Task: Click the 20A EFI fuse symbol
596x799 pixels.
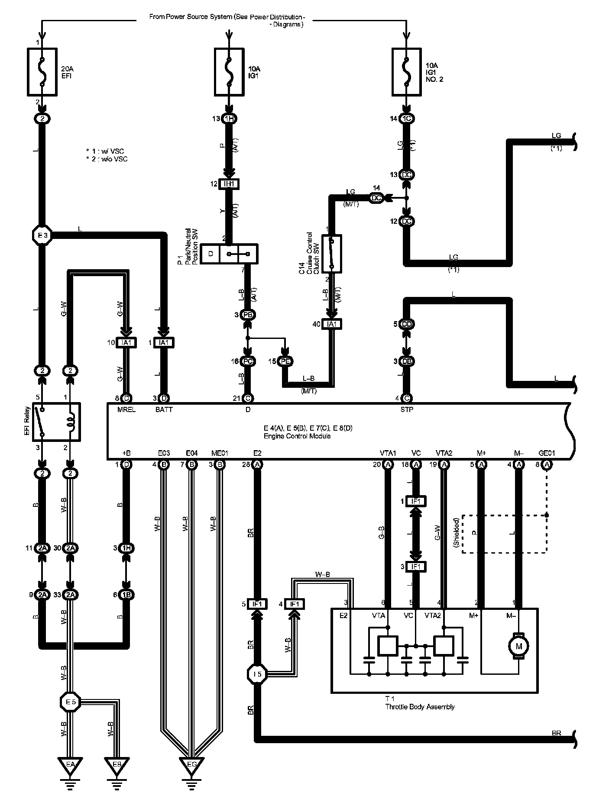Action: [42, 71]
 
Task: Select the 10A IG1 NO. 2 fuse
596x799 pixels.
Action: [406, 71]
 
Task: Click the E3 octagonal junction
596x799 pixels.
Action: [42, 235]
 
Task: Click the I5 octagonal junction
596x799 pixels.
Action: [256, 674]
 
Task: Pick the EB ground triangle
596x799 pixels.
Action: [117, 764]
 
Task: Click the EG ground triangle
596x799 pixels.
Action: [191, 764]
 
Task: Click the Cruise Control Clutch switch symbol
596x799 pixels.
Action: [332, 254]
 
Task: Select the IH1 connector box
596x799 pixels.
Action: [229, 184]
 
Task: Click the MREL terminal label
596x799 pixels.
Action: [126, 409]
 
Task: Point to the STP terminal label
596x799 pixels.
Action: [407, 409]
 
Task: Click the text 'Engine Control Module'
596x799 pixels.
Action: [297, 436]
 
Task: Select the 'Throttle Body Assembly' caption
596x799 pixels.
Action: [420, 707]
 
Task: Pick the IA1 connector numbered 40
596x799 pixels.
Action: [332, 324]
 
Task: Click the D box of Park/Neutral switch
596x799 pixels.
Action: [211, 254]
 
